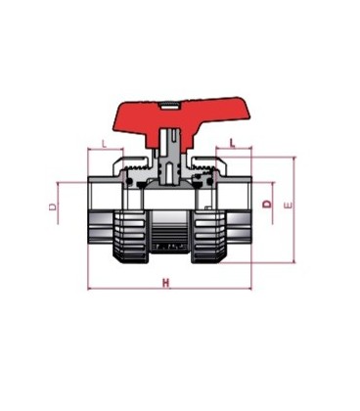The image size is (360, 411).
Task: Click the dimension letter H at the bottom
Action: click(166, 283)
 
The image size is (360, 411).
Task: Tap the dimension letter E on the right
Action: click(289, 205)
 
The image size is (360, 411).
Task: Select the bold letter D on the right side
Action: click(267, 204)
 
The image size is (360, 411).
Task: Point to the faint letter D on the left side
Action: click(53, 206)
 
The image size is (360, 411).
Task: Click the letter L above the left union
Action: click(104, 144)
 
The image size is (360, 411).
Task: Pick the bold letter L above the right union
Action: click(233, 143)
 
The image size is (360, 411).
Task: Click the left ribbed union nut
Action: click(130, 237)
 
